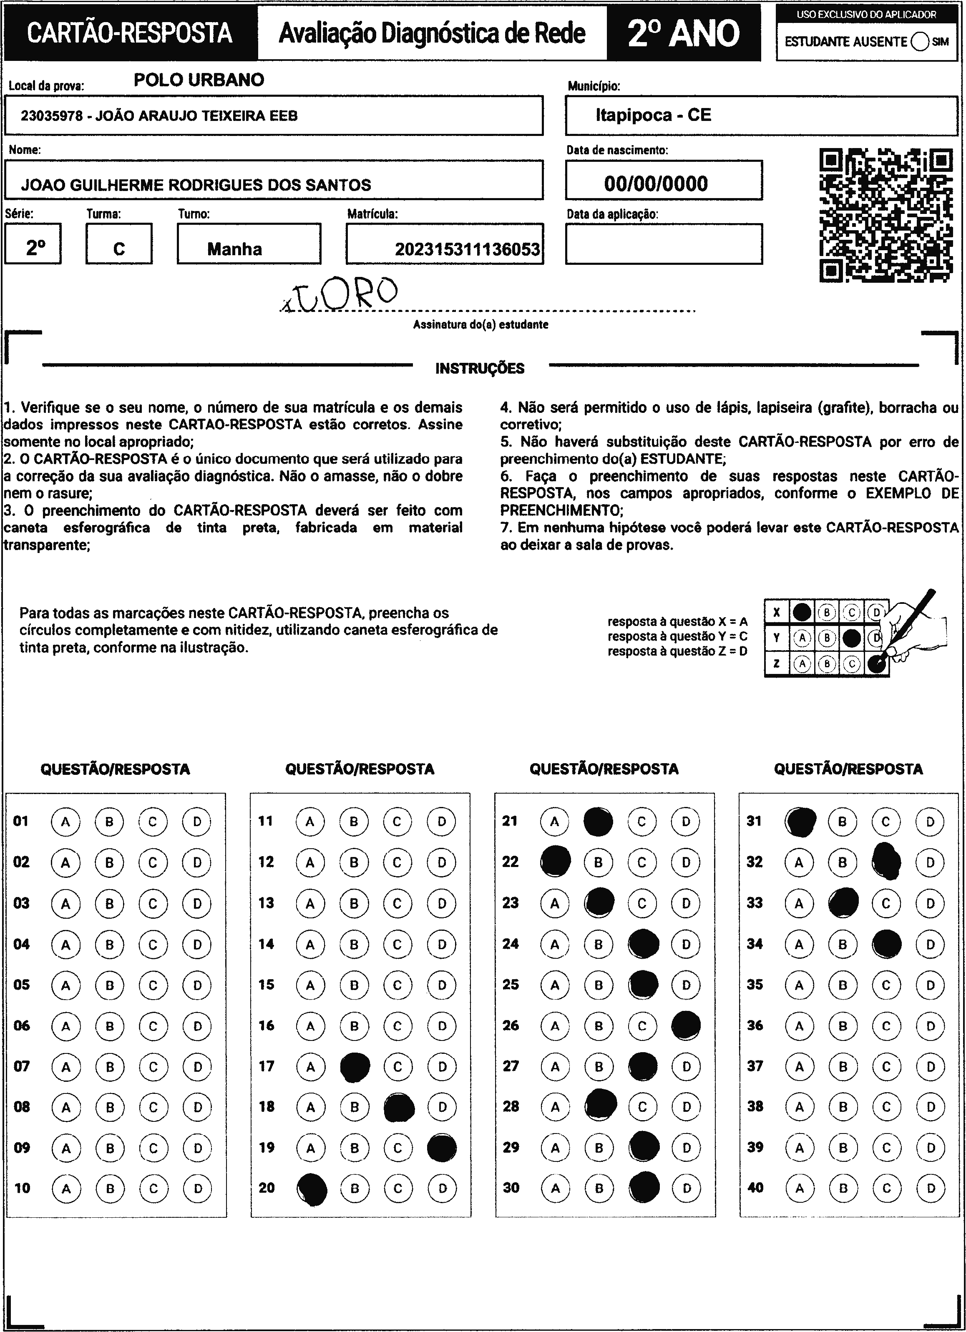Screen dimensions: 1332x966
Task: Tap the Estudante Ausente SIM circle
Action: pyautogui.click(x=920, y=42)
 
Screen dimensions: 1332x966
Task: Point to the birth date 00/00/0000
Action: pyautogui.click(x=656, y=184)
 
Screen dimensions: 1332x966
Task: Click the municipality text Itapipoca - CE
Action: pyautogui.click(x=653, y=115)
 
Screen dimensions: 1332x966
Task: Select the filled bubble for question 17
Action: pyautogui.click(x=355, y=1067)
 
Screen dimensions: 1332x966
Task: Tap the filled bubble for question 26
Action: pyautogui.click(x=685, y=1025)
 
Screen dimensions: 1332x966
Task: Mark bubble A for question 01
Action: pyautogui.click(x=66, y=822)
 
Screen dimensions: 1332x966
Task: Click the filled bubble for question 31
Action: pyautogui.click(x=800, y=821)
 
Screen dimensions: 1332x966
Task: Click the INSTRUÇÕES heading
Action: pyautogui.click(x=480, y=369)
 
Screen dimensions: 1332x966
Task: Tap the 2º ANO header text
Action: pyautogui.click(x=684, y=33)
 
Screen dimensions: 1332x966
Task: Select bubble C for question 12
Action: pyautogui.click(x=397, y=863)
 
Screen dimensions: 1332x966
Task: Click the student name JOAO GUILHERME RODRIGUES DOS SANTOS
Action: pyautogui.click(x=196, y=186)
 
